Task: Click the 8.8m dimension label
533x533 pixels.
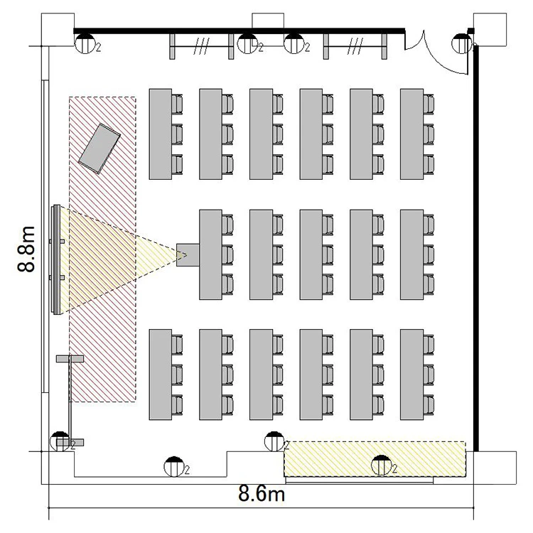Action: point(26,249)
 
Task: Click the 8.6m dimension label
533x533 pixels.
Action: point(262,493)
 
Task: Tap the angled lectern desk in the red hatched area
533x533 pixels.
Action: point(99,149)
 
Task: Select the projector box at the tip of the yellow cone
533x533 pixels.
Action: point(188,255)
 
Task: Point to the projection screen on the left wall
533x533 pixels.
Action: point(55,259)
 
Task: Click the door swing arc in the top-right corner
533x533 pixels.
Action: point(443,58)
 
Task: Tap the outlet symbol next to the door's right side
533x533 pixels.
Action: point(462,43)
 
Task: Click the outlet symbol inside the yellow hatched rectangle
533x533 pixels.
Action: point(382,465)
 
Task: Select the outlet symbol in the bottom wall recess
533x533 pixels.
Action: point(174,467)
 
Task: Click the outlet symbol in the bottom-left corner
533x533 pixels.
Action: point(60,441)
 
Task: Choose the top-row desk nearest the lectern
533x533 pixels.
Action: point(160,134)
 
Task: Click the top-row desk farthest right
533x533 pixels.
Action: point(411,134)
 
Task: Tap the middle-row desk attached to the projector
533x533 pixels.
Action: point(211,254)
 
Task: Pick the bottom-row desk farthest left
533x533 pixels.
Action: point(160,375)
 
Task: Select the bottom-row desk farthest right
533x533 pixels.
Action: point(411,375)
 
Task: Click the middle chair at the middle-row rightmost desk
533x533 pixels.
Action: point(429,254)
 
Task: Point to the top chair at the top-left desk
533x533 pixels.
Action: point(177,104)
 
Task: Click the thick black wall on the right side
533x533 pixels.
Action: point(476,248)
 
